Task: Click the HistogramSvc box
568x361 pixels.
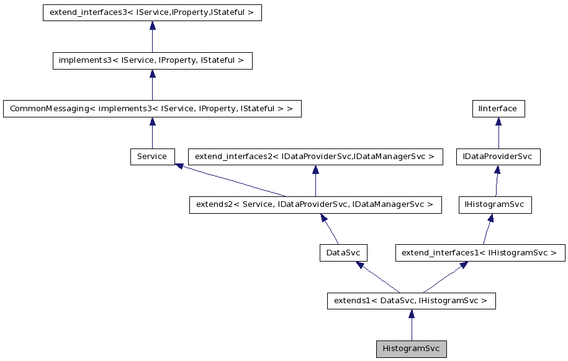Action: coord(411,349)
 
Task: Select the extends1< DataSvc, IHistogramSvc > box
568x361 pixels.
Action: coord(411,301)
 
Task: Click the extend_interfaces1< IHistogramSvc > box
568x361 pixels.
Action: coord(480,253)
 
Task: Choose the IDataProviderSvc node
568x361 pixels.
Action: coord(498,157)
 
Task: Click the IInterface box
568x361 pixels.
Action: coord(498,109)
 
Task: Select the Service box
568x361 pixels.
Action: coord(152,157)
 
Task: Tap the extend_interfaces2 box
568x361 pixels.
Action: coord(315,157)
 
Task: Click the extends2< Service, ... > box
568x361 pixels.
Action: coord(315,204)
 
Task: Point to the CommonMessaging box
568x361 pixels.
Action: coord(152,109)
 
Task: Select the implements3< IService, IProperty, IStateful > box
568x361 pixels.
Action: coord(152,61)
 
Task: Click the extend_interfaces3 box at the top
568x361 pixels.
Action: coord(152,13)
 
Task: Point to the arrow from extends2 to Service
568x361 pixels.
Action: coord(230,181)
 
